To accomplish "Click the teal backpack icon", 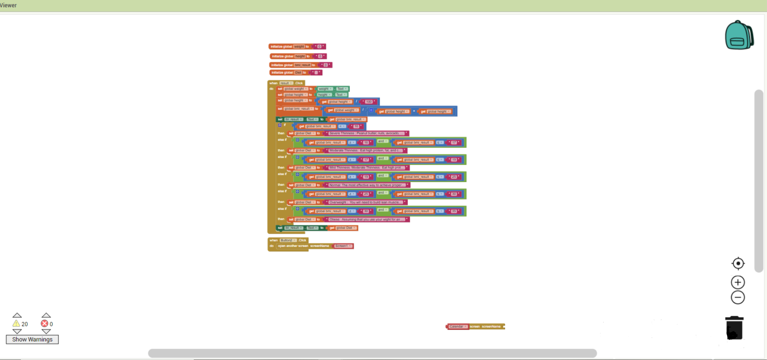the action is [739, 35].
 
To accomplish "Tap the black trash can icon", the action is [734, 328].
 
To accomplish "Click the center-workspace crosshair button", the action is [738, 264].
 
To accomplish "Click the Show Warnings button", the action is [32, 340].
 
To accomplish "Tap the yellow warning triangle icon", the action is [16, 323].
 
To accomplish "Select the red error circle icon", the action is [44, 323].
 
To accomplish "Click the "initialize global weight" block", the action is [281, 47].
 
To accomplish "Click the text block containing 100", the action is [369, 102].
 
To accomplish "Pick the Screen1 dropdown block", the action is [343, 246].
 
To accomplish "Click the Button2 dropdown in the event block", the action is [288, 240].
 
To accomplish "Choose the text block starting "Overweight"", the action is [366, 202].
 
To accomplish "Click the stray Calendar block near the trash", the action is [457, 327].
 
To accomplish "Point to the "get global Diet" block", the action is [342, 228].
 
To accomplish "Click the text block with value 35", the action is [453, 211].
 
